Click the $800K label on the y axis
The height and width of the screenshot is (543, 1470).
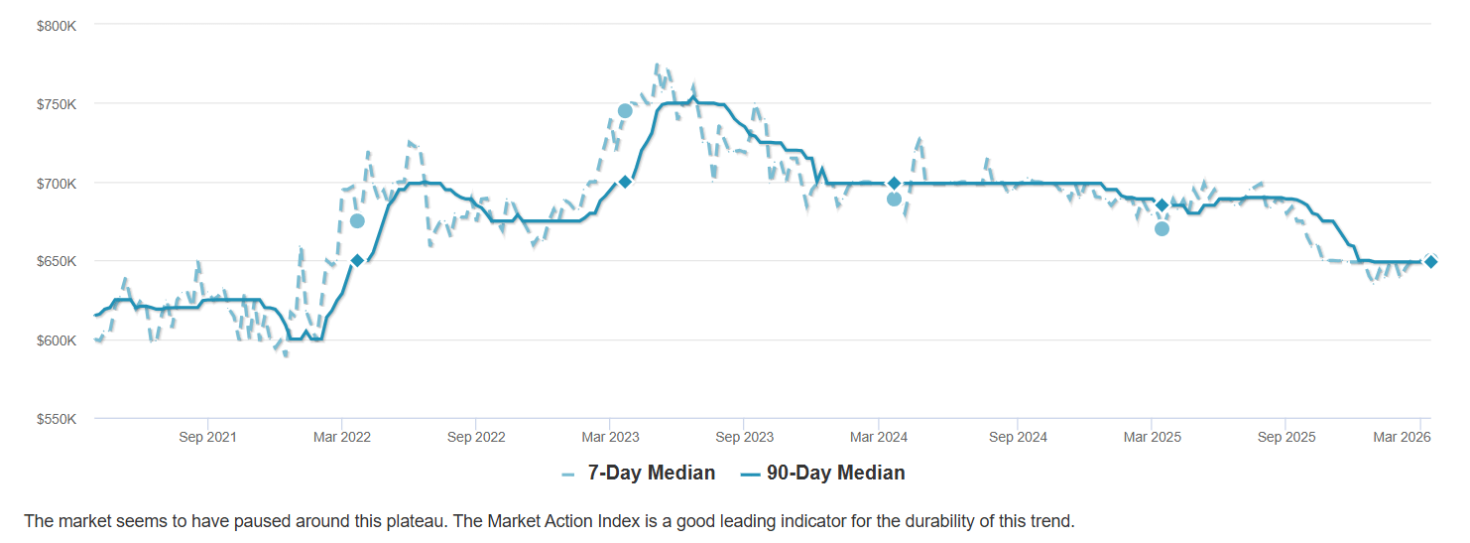coord(57,25)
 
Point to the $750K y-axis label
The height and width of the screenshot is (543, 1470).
coord(57,104)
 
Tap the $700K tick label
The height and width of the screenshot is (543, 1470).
coord(57,183)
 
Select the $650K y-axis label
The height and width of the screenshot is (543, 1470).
coord(57,261)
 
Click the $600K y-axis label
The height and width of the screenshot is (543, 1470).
coord(57,340)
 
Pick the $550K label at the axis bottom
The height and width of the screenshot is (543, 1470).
coord(57,419)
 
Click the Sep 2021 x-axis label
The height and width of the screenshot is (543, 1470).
coord(207,437)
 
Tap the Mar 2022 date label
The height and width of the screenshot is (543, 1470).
coord(341,437)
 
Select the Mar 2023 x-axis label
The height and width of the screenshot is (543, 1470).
coord(610,437)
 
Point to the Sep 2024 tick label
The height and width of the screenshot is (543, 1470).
coord(1018,437)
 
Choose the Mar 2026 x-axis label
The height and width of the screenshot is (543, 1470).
coord(1401,437)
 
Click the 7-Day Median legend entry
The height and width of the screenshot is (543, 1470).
coord(638,474)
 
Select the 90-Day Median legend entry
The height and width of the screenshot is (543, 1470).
coord(822,474)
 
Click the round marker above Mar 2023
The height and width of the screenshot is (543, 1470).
coord(625,111)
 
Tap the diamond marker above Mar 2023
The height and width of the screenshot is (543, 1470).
coord(625,182)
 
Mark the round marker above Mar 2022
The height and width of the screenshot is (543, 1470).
coord(357,220)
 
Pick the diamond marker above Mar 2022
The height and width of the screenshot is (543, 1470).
coord(357,261)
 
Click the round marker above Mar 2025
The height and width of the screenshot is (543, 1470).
coord(1162,229)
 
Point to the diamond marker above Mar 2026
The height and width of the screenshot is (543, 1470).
coord(1430,261)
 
